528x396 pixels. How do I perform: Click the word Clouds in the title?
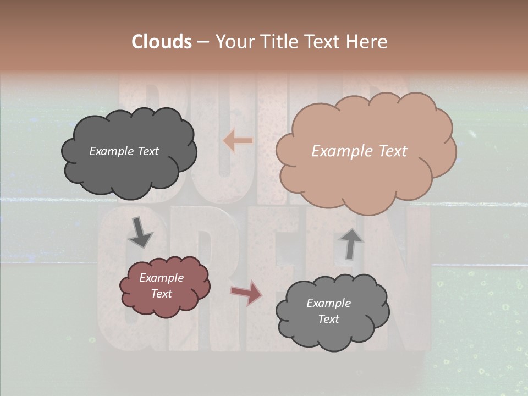pos(161,42)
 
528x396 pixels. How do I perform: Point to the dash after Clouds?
pos(202,42)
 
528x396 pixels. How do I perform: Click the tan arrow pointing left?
pos(238,141)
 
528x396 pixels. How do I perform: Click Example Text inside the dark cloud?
pos(124,151)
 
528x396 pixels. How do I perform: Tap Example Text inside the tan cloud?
pos(359,151)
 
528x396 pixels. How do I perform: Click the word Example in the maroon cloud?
pos(161,278)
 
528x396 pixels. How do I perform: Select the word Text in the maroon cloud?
pos(161,294)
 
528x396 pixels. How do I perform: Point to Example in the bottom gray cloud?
pos(328,303)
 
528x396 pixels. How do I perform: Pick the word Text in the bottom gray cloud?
pos(328,319)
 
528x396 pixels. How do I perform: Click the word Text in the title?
pos(325,42)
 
